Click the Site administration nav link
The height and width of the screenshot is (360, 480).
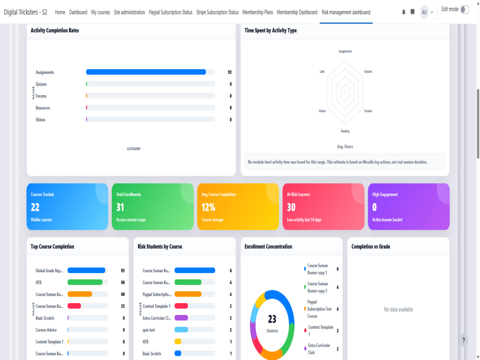click(x=129, y=12)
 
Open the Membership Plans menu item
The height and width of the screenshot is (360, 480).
click(x=257, y=12)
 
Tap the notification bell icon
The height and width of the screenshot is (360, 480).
click(x=404, y=12)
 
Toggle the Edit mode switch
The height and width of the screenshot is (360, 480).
click(x=465, y=10)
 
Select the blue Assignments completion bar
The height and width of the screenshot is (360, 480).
click(x=146, y=72)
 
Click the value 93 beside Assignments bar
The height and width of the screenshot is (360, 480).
click(x=229, y=72)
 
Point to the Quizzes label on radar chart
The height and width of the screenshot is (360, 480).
click(x=368, y=72)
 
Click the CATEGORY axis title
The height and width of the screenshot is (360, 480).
click(x=133, y=149)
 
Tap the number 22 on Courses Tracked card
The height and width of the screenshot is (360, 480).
click(x=35, y=207)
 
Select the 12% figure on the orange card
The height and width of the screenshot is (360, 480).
click(x=208, y=207)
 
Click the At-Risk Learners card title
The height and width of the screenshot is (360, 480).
click(x=298, y=194)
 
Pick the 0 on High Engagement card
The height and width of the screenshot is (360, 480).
click(x=374, y=207)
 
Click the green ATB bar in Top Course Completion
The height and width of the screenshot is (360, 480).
click(x=85, y=282)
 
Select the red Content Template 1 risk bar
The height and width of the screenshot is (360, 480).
click(x=181, y=306)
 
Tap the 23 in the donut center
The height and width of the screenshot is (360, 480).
click(x=272, y=319)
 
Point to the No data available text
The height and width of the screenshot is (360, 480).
click(x=398, y=310)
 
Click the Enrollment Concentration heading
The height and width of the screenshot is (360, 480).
click(x=268, y=246)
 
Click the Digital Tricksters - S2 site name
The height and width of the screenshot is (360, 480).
click(x=25, y=12)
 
